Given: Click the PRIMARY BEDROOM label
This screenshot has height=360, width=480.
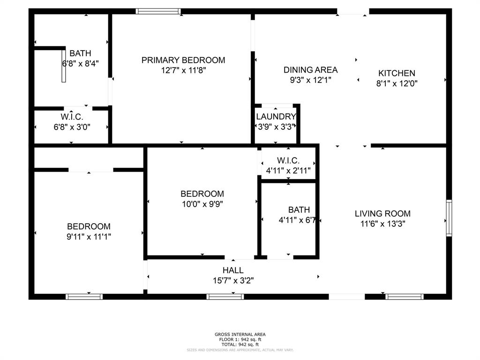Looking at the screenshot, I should [183, 60].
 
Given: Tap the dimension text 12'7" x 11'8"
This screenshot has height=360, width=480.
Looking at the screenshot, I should [183, 70].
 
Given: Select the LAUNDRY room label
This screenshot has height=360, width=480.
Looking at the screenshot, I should [276, 116].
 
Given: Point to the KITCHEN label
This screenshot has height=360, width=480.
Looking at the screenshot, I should [397, 73].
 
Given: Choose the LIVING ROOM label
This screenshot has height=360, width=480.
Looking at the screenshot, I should [382, 214].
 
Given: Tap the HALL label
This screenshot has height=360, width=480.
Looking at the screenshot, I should [233, 270].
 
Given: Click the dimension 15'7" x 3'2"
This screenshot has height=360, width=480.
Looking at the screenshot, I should [233, 281].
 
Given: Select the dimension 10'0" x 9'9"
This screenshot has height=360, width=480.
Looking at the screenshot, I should [202, 204].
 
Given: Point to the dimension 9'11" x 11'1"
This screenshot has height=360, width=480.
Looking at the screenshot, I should [89, 237].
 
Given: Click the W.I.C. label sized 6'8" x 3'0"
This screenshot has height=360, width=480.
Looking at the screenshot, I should [72, 117].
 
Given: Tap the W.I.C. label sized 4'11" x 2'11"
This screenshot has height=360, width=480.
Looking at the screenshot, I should [288, 161].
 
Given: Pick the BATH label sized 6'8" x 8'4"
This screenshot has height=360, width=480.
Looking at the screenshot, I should [80, 53].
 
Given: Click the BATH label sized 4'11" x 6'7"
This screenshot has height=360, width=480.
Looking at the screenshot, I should [299, 210].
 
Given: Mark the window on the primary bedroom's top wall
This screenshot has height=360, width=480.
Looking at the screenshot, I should [158, 11].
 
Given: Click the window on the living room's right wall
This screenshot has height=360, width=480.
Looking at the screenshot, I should [449, 217].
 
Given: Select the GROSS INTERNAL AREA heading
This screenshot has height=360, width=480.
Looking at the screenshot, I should [240, 334].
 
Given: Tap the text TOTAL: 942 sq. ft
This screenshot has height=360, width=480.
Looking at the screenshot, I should [240, 345].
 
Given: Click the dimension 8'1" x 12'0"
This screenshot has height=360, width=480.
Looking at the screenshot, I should [397, 83].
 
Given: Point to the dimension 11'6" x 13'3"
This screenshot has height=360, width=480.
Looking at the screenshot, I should [382, 224].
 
